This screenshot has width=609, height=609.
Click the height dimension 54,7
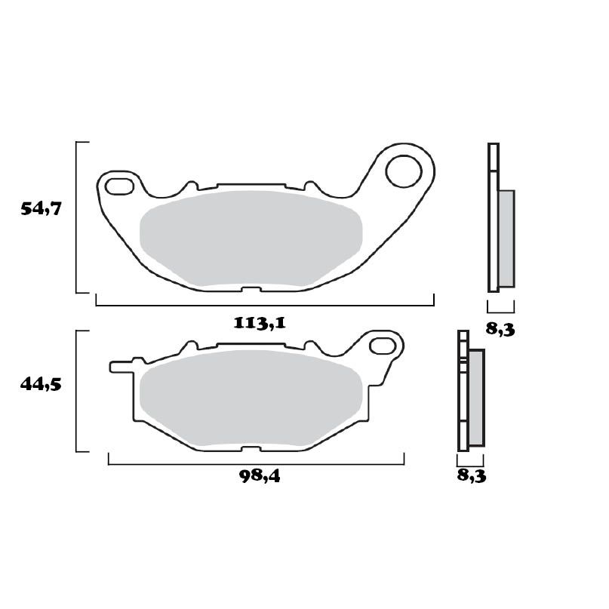pyautogui.click(x=41, y=209)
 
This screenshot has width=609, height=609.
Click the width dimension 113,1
pyautogui.click(x=259, y=323)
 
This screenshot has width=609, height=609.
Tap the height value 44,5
pyautogui.click(x=41, y=384)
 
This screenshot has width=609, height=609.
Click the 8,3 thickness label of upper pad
pyautogui.click(x=500, y=329)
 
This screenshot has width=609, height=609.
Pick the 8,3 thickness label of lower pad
pyautogui.click(x=471, y=475)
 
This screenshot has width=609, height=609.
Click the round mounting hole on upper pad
pyautogui.click(x=403, y=171)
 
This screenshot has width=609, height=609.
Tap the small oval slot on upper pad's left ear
pyautogui.click(x=118, y=184)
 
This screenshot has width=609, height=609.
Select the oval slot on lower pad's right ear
pyautogui.click(x=384, y=346)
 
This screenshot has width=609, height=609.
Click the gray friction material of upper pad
pyautogui.click(x=251, y=238)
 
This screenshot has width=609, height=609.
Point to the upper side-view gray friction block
pyautogui.click(x=506, y=238)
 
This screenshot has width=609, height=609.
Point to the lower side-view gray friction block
pyautogui.click(x=476, y=398)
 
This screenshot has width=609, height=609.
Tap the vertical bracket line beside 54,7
pyautogui.click(x=77, y=217)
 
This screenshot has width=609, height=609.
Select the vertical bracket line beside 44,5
pyautogui.click(x=77, y=391)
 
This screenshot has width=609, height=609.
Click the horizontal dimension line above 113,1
pyautogui.click(x=264, y=305)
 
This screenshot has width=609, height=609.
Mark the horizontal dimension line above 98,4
pyautogui.click(x=257, y=463)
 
